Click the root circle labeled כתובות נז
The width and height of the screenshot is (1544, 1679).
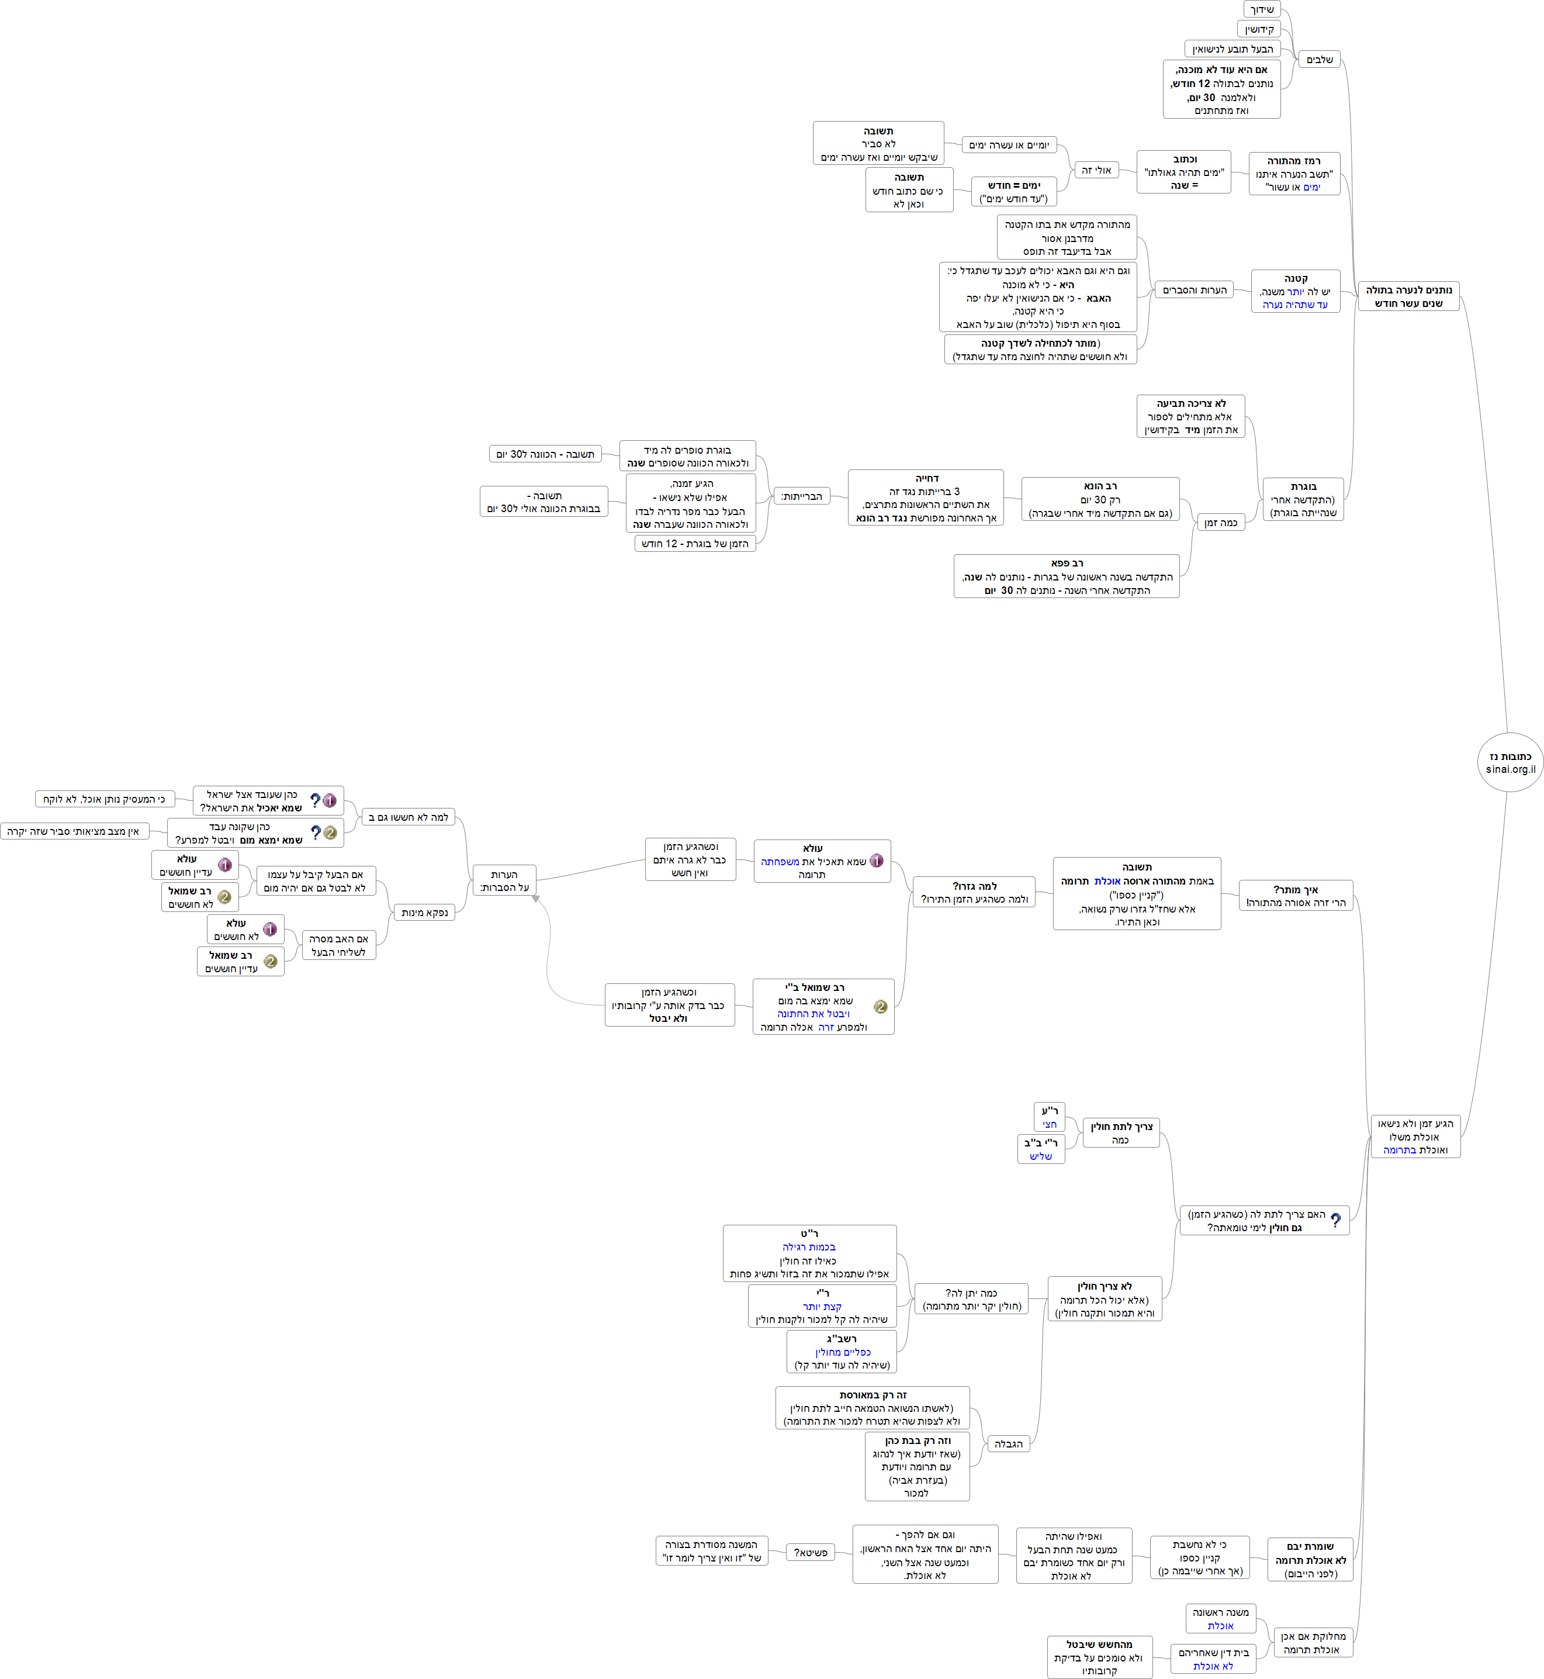click(x=1510, y=762)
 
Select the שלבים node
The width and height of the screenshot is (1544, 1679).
click(x=1319, y=59)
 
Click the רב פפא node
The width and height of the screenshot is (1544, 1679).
click(x=1066, y=576)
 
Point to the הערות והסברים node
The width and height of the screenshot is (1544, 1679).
click(x=1194, y=290)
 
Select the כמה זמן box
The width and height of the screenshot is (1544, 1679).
click(x=1220, y=522)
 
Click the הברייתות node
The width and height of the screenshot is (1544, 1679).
click(x=801, y=496)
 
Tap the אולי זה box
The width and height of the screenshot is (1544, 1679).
click(x=1096, y=170)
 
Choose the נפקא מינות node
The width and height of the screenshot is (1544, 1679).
click(x=424, y=912)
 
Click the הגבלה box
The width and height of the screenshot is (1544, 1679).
click(x=1009, y=1443)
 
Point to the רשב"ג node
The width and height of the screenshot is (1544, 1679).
click(x=842, y=1352)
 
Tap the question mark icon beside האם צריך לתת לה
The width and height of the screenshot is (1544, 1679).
click(x=1336, y=1220)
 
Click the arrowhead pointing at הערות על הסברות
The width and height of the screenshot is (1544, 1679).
click(x=535, y=899)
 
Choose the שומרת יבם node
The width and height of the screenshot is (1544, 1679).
click(x=1310, y=1560)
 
